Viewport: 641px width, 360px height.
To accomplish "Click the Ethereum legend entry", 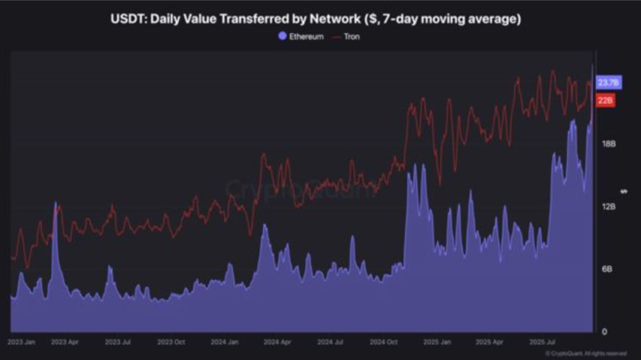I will (301, 37).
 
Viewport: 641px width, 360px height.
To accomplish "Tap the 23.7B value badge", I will (608, 83).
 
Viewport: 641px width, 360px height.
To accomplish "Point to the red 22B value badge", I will (605, 101).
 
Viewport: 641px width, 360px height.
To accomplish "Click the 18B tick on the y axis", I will (608, 143).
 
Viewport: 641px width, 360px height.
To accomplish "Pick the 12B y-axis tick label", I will (608, 206).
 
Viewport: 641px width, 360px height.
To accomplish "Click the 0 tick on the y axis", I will (604, 331).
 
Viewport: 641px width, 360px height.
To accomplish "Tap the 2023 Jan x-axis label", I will (21, 342).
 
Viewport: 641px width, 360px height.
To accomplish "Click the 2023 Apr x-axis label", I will (64, 342).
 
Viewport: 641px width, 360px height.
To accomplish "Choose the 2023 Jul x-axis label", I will (118, 342).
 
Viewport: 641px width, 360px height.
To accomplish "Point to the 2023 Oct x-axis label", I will (171, 342).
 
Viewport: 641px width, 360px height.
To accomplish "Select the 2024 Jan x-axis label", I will (224, 342).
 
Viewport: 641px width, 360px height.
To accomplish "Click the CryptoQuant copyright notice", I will (586, 354).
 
